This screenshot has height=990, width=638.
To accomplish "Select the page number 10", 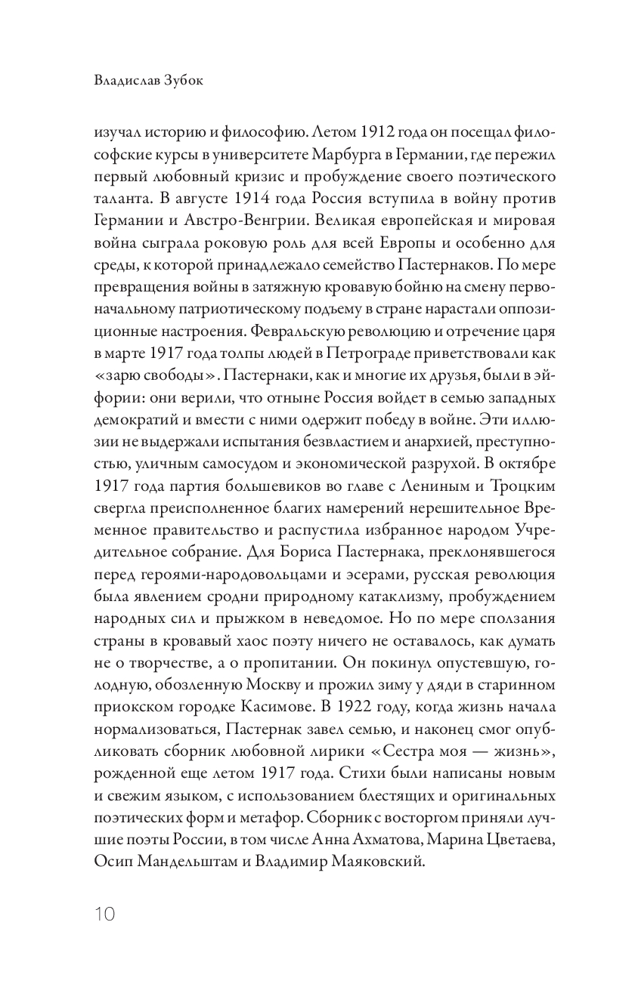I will click(105, 914).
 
